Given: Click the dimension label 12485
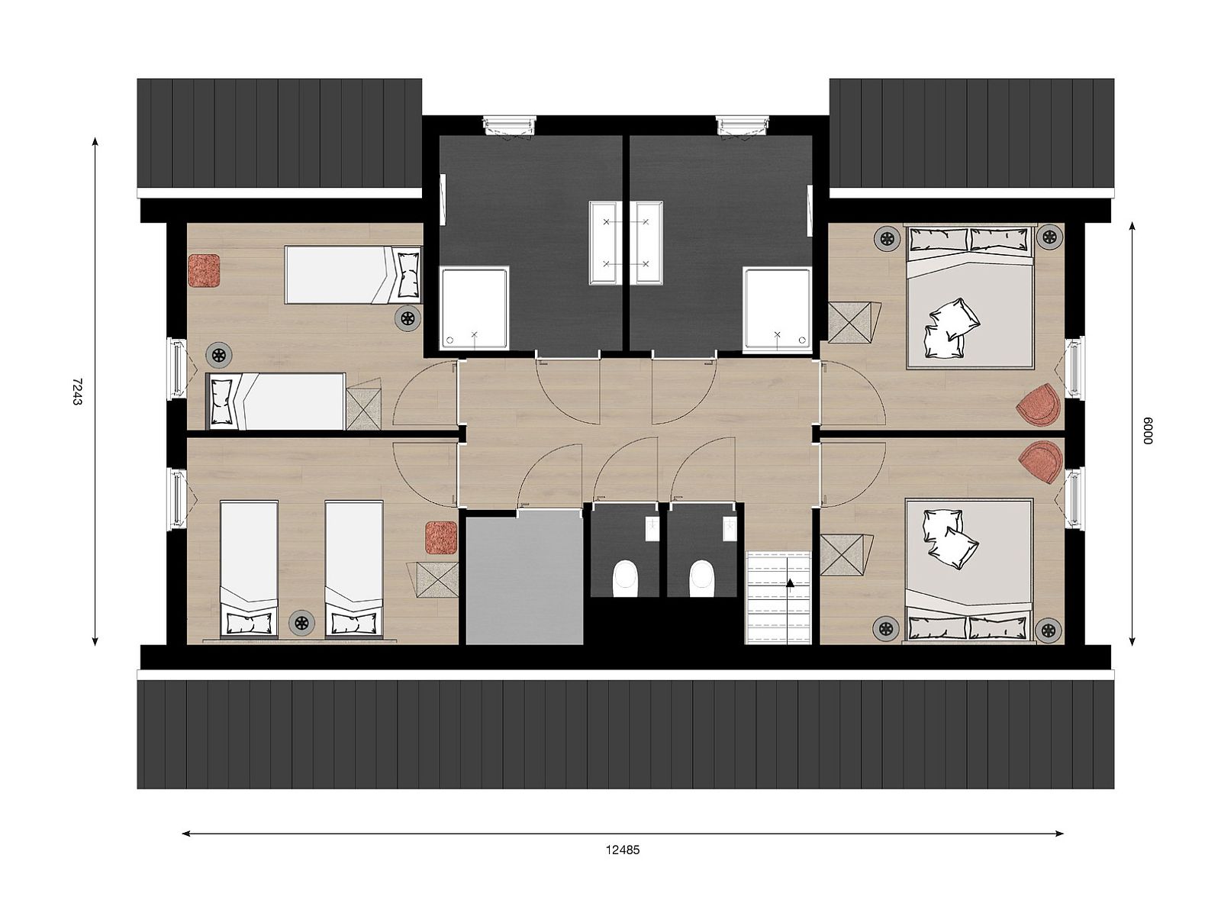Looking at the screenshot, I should coord(623,850).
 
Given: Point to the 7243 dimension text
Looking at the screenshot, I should coord(76,391).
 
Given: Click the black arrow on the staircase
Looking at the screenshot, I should coord(790,583).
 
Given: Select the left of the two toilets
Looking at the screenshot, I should coord(625,578).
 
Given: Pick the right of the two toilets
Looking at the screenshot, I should coord(701,578).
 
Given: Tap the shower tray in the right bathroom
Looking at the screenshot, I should coord(777,308).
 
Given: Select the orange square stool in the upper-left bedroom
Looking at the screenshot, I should coord(204,270).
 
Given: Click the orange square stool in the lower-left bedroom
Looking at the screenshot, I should coord(441,537).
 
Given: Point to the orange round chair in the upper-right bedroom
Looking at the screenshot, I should coord(1039,405).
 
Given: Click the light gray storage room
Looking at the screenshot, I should coord(524,577).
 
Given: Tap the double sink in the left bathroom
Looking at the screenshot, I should coord(607,243).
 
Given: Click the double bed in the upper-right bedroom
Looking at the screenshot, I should coord(969,298).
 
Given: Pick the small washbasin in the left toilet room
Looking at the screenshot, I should coord(652,528).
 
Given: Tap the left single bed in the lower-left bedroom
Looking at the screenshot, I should coord(248,568).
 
